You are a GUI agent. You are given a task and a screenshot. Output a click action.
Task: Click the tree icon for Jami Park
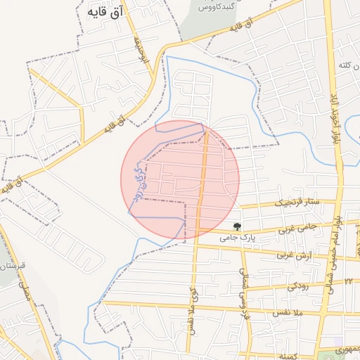(x=238, y=226)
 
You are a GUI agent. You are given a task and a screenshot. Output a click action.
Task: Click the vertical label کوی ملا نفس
(x=191, y=309)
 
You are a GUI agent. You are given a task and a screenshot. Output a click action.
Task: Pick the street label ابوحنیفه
(x=139, y=52)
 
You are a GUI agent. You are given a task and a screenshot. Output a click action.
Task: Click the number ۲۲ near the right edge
(x=348, y=281)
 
